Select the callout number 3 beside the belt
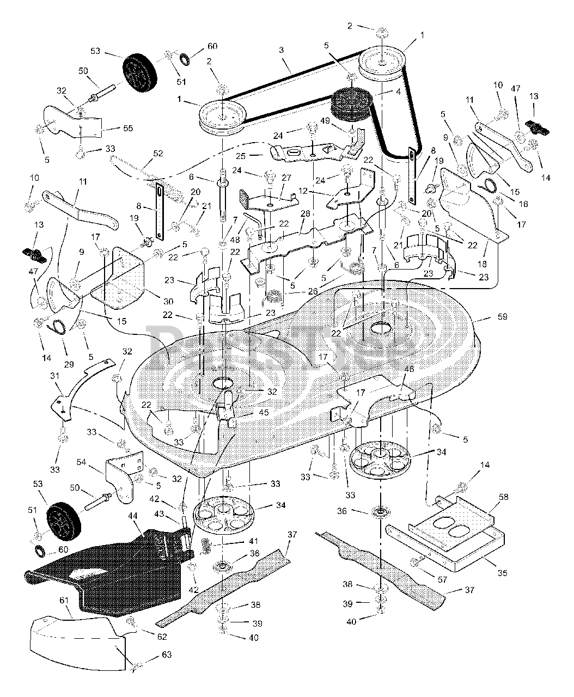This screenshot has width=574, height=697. tap(281, 50)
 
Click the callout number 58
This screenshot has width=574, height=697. tap(504, 498)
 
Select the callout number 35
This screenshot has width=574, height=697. tap(502, 573)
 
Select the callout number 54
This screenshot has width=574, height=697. tap(81, 462)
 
